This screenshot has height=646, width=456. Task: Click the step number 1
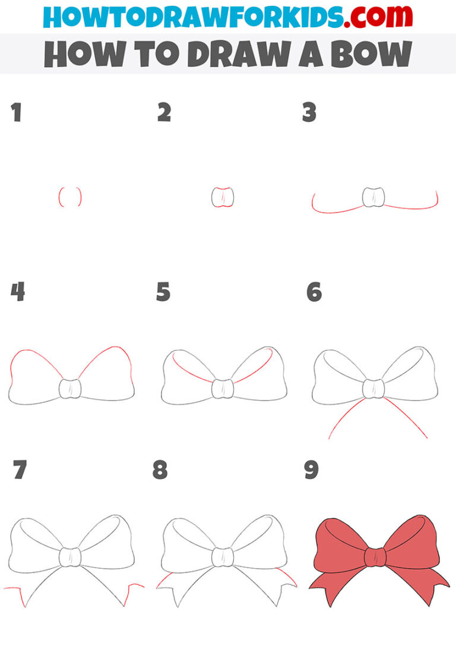point(16,113)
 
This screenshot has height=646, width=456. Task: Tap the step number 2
point(164,113)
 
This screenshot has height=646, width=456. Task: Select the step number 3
point(309,113)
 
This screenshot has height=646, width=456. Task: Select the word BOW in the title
point(368,54)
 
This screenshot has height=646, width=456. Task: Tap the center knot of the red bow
point(375,557)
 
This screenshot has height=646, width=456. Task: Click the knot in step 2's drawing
point(223,197)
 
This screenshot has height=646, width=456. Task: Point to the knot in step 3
point(372,197)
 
